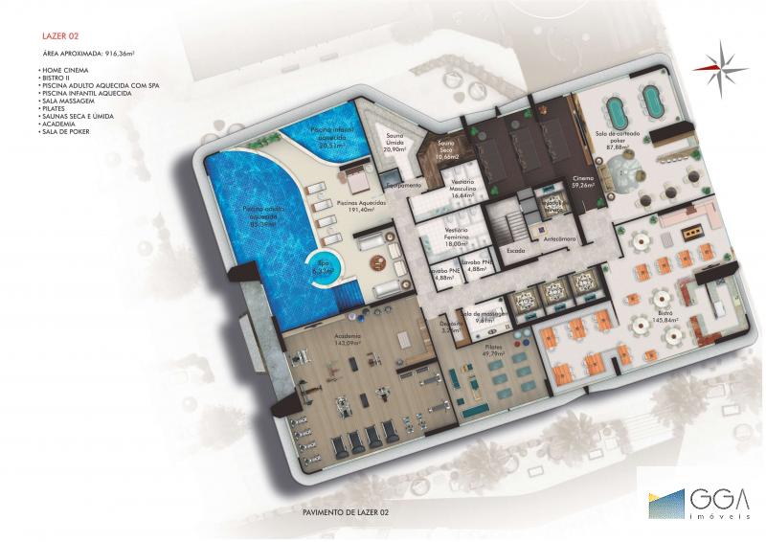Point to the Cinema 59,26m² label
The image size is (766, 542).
(583, 182)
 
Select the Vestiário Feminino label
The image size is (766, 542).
(462, 238)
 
